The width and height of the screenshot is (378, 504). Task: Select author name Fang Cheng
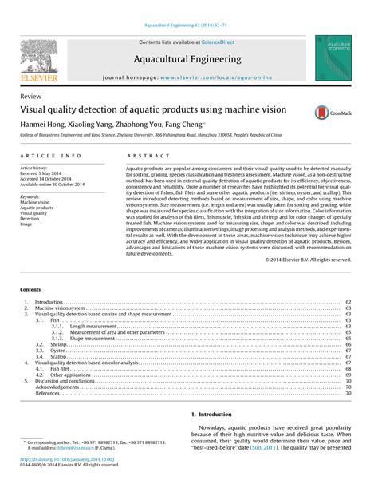(210, 125)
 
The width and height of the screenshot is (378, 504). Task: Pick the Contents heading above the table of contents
(31, 288)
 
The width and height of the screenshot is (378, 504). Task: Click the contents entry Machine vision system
(60, 308)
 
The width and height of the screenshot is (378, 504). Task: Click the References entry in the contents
(47, 394)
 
